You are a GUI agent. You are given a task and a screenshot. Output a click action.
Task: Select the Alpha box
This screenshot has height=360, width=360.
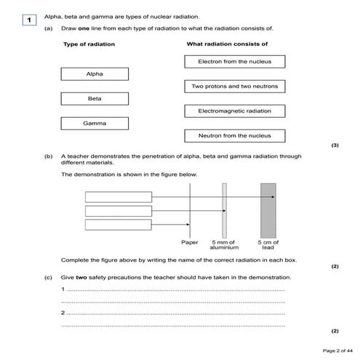click(x=95, y=74)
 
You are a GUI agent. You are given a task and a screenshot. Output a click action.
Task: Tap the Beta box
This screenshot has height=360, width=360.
click(x=95, y=98)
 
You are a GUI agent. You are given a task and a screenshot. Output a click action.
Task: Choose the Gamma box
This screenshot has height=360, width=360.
click(x=95, y=124)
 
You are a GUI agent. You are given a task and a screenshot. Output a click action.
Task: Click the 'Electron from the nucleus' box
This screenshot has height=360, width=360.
click(x=234, y=62)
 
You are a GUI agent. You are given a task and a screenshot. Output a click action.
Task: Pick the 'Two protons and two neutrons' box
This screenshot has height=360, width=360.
click(x=234, y=87)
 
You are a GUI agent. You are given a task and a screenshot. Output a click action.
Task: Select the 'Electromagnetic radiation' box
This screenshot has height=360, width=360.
click(x=234, y=111)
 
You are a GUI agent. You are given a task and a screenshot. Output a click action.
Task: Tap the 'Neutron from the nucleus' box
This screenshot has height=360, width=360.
click(x=234, y=136)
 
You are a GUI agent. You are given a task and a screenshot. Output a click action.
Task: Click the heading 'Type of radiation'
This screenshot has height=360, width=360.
click(x=89, y=44)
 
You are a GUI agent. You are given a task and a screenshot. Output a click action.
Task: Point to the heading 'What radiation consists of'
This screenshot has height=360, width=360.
click(x=228, y=44)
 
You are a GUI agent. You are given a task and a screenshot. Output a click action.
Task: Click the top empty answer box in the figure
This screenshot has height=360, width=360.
click(x=119, y=196)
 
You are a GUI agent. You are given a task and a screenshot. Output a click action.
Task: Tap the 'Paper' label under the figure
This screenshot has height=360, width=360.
click(x=190, y=242)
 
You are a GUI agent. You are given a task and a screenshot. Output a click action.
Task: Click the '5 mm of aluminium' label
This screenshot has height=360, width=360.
click(x=224, y=245)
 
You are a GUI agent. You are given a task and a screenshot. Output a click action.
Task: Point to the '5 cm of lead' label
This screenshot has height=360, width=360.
click(x=268, y=245)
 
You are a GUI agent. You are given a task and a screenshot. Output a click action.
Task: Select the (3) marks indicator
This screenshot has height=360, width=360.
click(x=335, y=145)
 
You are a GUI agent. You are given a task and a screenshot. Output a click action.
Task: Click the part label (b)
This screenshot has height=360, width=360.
click(x=49, y=156)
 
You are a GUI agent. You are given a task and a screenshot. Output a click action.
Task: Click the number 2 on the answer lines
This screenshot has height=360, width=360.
click(x=63, y=313)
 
